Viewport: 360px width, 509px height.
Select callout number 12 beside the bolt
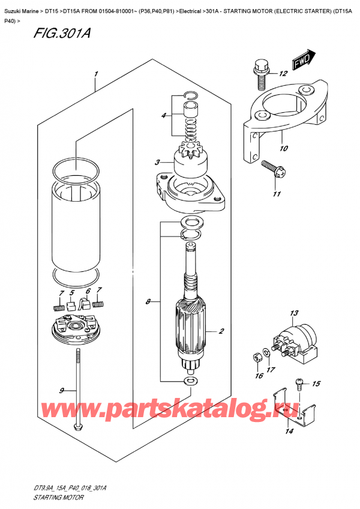(283, 74)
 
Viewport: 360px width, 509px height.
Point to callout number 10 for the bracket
(283, 147)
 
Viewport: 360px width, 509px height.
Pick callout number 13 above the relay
(293, 313)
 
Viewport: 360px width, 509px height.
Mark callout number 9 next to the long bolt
(61, 391)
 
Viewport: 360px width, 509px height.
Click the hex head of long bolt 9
(77, 427)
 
